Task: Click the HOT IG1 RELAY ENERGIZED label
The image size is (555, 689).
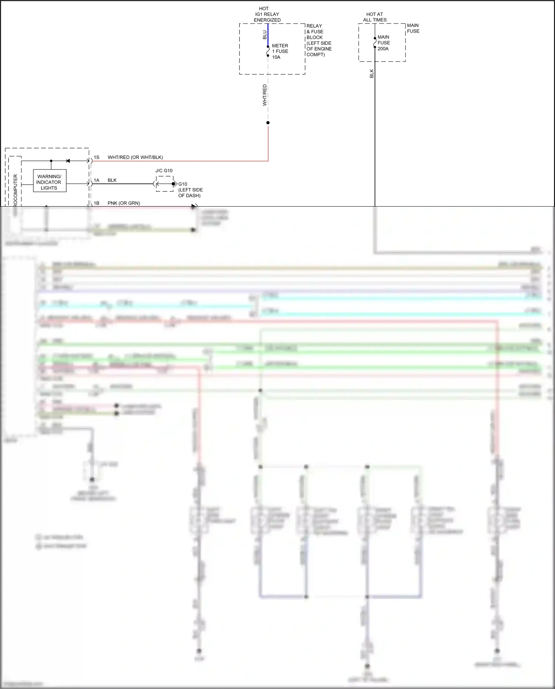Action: pos(267,14)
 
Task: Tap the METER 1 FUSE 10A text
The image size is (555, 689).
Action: pos(280,51)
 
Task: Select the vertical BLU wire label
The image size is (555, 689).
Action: pos(264,35)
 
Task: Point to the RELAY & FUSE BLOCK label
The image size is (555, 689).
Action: pos(318,40)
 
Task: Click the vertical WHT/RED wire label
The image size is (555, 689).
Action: pos(264,95)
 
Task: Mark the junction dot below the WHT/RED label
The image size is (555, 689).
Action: pos(268,123)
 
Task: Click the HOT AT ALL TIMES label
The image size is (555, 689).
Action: pos(375,17)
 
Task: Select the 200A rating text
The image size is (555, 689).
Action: pos(383,49)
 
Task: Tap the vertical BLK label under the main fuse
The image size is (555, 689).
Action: pos(372,73)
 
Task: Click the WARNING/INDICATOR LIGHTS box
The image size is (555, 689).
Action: pos(50,181)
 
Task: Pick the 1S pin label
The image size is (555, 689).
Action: pos(97,157)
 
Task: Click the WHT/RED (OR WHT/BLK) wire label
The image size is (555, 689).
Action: pos(135,157)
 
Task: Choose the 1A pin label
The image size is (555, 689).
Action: pos(97,180)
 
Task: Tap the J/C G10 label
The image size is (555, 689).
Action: pos(164,171)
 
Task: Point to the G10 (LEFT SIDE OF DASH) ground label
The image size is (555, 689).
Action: pos(190,190)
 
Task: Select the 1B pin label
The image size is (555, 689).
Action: pos(97,203)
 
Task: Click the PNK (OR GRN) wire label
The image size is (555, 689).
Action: pos(124,203)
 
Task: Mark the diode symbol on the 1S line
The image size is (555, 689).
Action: pos(68,161)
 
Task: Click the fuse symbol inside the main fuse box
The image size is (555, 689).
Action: pos(375,43)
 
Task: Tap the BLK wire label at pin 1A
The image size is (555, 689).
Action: pos(112,180)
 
